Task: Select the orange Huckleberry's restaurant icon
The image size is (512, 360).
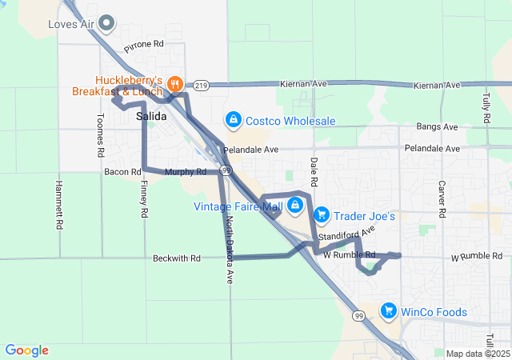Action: (177, 83)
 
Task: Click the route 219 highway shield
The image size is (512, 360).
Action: (200, 85)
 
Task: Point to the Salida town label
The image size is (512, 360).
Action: (151, 117)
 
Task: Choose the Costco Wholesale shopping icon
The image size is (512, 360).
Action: (232, 120)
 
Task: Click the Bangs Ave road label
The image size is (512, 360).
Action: (437, 127)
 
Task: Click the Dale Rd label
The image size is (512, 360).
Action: (314, 173)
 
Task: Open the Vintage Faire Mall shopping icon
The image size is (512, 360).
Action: (295, 206)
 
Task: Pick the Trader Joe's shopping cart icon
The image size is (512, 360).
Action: (321, 214)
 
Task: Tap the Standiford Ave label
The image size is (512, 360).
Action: (346, 236)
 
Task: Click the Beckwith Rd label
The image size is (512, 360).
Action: (174, 259)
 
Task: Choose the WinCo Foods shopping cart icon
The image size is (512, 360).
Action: (388, 310)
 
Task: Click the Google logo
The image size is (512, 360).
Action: (26, 350)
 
